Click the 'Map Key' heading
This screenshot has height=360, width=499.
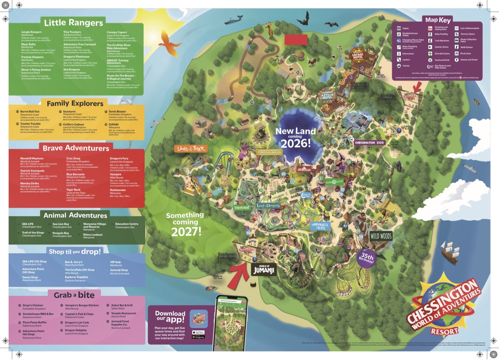pos(438,20)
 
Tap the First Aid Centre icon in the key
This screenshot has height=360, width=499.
pos(430,54)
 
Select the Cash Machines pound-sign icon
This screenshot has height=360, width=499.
pos(430,41)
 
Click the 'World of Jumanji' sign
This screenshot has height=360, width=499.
pos(264,269)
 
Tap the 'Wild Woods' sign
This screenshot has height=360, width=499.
pos(380,236)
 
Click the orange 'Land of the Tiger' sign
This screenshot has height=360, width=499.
pos(191,149)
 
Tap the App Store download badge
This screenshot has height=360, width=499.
pos(198,332)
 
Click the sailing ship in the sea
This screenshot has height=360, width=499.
pos(449,253)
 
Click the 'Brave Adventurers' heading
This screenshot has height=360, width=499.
pos(76,148)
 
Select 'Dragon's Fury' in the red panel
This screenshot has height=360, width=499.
pos(119,158)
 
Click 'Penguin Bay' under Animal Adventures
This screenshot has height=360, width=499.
pos(61,233)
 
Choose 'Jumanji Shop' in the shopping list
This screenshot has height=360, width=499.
pos(119,270)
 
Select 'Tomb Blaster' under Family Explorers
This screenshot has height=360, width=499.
pos(117,112)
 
